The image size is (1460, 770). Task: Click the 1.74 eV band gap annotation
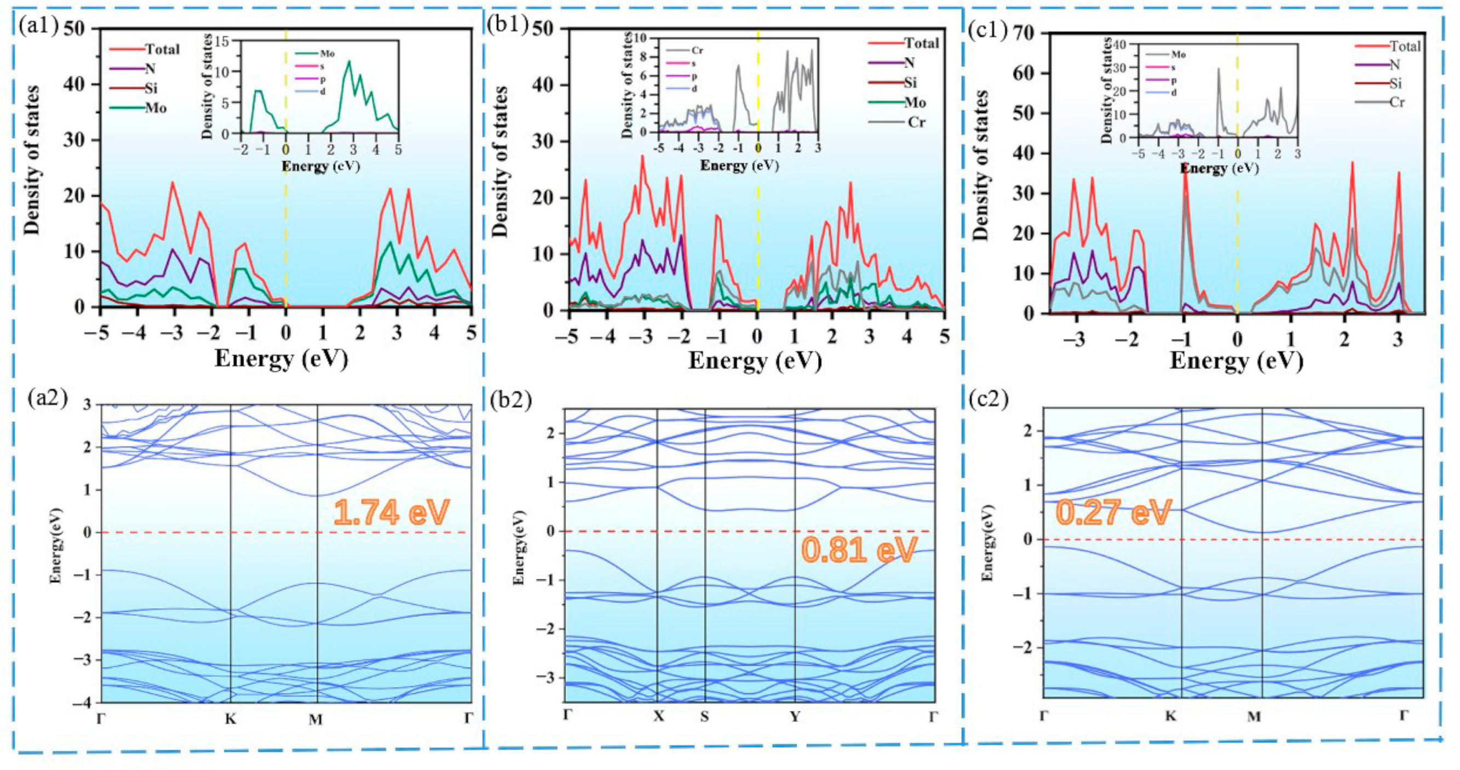point(391,512)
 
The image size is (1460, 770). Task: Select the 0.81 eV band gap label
point(859,550)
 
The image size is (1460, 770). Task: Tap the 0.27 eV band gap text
point(1113,512)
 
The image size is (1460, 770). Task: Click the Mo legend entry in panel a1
point(156,108)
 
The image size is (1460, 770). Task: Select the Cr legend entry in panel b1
point(916,122)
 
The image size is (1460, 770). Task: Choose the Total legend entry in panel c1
point(1405,46)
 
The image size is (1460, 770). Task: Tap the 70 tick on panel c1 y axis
point(1026,34)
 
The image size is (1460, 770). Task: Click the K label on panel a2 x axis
point(230,719)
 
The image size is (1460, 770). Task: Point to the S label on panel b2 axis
point(704,717)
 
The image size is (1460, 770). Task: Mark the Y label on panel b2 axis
point(795,717)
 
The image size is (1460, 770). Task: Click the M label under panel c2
point(1254,717)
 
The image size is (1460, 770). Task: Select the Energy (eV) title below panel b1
point(755,361)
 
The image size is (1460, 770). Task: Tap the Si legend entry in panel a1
point(151,88)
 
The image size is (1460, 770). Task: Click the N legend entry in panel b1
point(909,63)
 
